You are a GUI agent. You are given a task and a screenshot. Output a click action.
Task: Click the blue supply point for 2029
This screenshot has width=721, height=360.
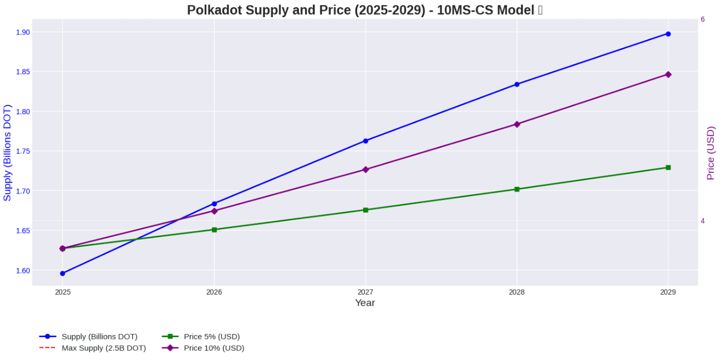click(x=668, y=34)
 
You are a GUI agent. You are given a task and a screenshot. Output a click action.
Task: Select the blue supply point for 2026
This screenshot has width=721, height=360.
click(x=214, y=204)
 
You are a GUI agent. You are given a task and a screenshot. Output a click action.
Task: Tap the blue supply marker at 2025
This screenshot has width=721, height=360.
click(x=63, y=273)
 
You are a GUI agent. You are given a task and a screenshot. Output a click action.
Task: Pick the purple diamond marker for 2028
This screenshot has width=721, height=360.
click(x=516, y=124)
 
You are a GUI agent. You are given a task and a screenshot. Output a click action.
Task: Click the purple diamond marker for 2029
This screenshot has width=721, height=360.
click(x=668, y=74)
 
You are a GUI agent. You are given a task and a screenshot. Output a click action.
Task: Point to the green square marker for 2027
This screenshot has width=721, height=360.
click(x=365, y=210)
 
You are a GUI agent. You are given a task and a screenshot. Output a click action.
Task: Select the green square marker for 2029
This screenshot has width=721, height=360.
click(x=668, y=168)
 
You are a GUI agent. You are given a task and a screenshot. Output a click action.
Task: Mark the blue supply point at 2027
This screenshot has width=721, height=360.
click(x=365, y=141)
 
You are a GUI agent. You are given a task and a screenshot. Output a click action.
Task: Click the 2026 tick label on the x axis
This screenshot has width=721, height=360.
click(x=214, y=292)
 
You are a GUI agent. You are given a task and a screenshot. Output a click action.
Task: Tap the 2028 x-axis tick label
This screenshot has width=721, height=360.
click(x=516, y=292)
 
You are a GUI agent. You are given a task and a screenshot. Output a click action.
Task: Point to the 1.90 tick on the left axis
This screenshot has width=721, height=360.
click(x=23, y=32)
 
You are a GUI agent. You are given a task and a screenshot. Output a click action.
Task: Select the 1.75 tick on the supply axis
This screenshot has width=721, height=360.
click(x=23, y=151)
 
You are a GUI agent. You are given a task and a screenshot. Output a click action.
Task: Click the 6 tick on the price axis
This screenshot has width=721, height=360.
click(x=703, y=19)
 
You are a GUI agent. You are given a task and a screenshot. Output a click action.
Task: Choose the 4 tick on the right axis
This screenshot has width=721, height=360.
click(x=703, y=221)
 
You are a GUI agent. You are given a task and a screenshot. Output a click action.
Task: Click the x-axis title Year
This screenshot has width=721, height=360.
click(x=365, y=303)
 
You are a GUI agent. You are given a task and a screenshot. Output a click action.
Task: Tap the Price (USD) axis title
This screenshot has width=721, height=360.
click(x=710, y=153)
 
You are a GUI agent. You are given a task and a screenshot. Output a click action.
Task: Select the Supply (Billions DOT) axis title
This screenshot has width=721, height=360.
click(x=7, y=153)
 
